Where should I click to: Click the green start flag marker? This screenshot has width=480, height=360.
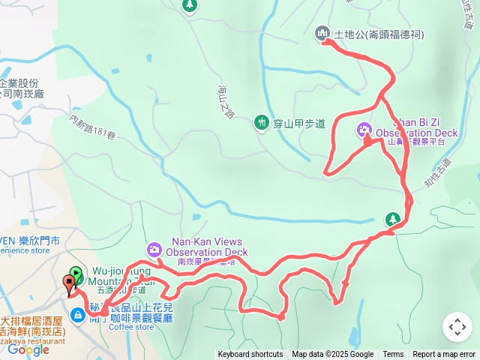pos(76,274)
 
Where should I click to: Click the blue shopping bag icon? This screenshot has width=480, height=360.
pos(77,316)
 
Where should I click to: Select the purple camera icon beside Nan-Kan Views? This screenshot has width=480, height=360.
pos(154,248)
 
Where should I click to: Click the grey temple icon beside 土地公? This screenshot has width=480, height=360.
pos(323,33)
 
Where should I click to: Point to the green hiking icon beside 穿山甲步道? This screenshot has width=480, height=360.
pos(261,121)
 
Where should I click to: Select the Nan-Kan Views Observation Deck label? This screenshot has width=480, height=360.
pos(207,247)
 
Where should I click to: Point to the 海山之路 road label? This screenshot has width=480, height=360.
pos(226,100)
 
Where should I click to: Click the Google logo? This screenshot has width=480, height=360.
pos(28,349)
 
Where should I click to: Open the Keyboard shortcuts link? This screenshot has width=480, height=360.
pos(250,355)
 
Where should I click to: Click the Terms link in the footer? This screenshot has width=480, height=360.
pos(393,355)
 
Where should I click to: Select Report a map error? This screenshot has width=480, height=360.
pos(444,355)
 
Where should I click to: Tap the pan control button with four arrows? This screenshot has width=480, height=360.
pos(457,327)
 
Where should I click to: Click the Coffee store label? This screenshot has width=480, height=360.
pos(131,326)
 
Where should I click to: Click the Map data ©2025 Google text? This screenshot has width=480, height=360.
pos(332,355)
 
